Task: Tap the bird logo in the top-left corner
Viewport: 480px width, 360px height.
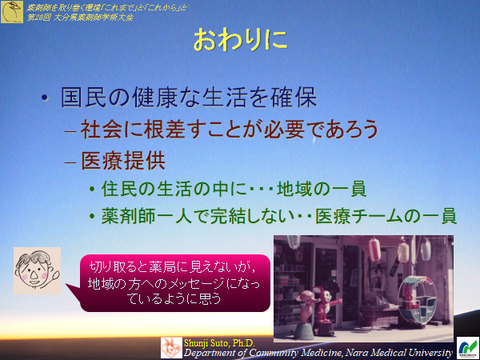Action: coord(12,10)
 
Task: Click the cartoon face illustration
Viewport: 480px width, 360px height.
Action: coord(37,270)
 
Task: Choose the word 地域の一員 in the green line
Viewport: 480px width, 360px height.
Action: coord(321,190)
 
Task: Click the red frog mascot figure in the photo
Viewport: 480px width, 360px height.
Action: coord(326,302)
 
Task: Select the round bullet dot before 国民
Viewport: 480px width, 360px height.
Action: coord(46,100)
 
